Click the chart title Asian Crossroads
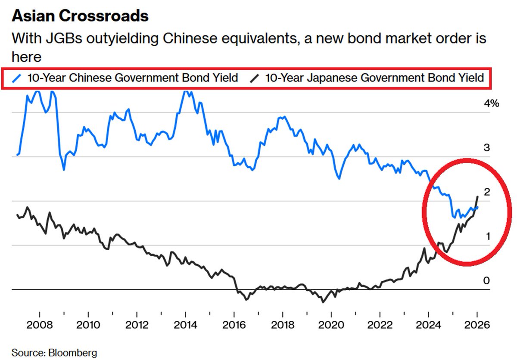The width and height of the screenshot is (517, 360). [x=80, y=16]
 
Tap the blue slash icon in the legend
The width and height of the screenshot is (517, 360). [x=18, y=78]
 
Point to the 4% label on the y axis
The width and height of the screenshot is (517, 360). [x=491, y=103]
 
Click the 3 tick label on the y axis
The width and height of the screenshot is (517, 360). [x=486, y=148]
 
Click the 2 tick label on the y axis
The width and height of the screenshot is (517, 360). [x=486, y=192]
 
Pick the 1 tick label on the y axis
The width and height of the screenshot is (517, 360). [x=486, y=236]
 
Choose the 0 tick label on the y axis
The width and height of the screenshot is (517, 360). [x=486, y=281]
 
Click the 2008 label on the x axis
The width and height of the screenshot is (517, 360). [x=40, y=324]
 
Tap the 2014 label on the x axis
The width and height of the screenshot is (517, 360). [x=185, y=324]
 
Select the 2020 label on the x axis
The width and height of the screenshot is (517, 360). [x=331, y=324]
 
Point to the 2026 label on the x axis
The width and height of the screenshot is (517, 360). [x=477, y=324]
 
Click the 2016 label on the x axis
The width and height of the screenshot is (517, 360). [x=234, y=324]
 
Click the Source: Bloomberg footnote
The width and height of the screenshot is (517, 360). [x=54, y=353]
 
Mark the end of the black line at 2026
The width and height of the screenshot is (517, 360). [x=477, y=197]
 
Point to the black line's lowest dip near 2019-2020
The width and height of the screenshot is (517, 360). [x=322, y=302]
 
